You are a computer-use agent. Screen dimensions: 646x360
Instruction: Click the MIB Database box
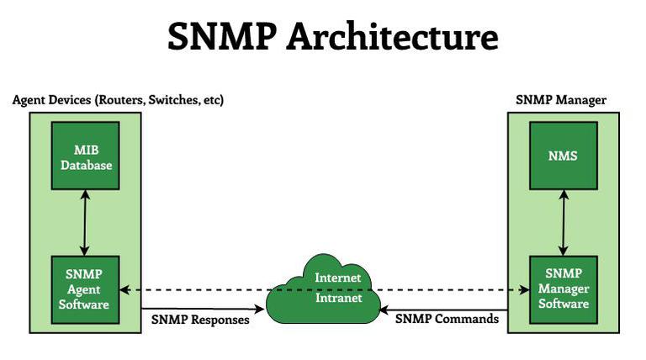tap(85, 156)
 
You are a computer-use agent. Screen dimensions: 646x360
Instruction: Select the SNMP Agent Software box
tap(85, 289)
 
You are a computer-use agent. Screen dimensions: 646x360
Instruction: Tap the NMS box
tap(564, 156)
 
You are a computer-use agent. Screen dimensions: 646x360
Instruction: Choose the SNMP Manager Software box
tap(564, 289)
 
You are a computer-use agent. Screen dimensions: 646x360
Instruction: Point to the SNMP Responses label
tap(200, 320)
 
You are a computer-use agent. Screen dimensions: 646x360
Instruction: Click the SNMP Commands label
tap(447, 319)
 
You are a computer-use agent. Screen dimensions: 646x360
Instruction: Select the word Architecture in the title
tap(393, 37)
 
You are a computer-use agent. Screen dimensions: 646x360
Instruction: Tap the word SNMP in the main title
tap(222, 37)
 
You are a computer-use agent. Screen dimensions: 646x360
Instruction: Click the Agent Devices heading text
tap(118, 100)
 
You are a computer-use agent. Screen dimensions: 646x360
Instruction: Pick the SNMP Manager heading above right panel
tap(561, 100)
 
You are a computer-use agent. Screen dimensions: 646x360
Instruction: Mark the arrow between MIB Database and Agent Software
tap(85, 223)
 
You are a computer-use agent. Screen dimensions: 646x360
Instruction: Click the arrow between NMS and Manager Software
tap(564, 223)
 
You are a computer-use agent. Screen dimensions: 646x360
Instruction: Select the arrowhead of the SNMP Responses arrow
tap(259, 309)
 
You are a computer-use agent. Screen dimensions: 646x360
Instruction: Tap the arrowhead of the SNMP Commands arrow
tap(384, 310)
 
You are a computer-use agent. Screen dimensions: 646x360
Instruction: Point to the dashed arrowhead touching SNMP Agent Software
tap(124, 290)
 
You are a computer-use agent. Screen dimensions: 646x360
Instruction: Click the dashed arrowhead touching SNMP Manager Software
tap(524, 290)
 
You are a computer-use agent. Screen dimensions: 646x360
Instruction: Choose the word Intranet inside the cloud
tap(339, 298)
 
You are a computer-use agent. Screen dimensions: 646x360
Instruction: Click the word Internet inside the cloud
tap(338, 278)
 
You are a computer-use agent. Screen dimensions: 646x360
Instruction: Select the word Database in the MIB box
tap(86, 165)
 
